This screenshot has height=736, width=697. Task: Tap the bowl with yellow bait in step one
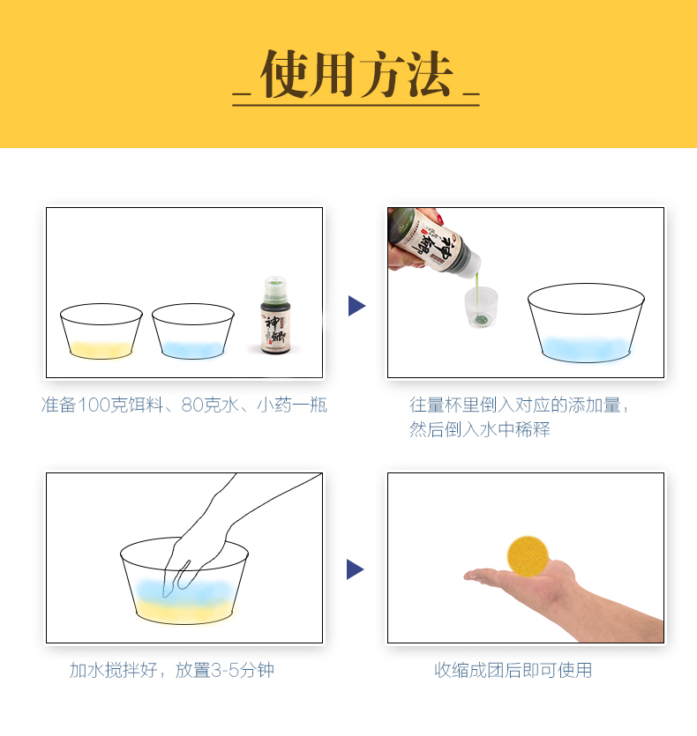(101, 331)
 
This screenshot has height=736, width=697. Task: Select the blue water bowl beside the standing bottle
(192, 331)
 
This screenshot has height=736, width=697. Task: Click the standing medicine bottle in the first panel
(275, 315)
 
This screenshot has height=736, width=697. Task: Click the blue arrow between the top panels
(356, 306)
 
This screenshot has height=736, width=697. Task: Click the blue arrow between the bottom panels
(355, 569)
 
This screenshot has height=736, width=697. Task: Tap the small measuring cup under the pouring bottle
(481, 307)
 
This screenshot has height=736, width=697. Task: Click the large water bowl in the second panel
(586, 323)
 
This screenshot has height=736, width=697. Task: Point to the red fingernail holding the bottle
(440, 219)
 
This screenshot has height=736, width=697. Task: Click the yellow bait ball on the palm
(528, 556)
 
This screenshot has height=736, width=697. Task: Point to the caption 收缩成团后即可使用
(513, 670)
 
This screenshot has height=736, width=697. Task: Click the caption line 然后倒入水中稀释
(479, 429)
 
